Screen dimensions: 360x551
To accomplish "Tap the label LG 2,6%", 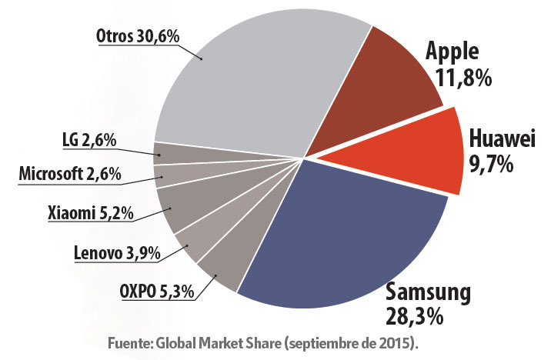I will [88, 141].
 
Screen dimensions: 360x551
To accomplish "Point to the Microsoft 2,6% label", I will [69, 174].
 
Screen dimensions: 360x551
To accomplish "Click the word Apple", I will [452, 53].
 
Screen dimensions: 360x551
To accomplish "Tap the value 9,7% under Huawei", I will [491, 164].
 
